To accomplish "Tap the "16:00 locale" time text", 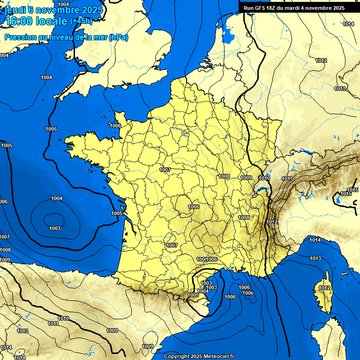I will coord(36,21).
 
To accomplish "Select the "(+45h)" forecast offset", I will coord(81,21).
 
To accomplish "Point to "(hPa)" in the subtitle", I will coord(119,37).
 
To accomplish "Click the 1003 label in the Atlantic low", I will coord(55,228).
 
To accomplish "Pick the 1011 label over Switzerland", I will coord(287,179).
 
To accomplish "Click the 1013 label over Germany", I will coord(340,89).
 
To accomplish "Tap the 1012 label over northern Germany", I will coord(321,61).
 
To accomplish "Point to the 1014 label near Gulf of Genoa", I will coord(315,240).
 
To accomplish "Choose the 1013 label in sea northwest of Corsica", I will coord(315,259).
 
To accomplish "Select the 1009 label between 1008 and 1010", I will coord(247,178).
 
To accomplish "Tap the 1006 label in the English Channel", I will coord(115,126).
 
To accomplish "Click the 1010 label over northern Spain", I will coord(63,318).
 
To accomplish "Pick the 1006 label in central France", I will coord(194,207).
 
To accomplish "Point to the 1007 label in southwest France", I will coord(172,245).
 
